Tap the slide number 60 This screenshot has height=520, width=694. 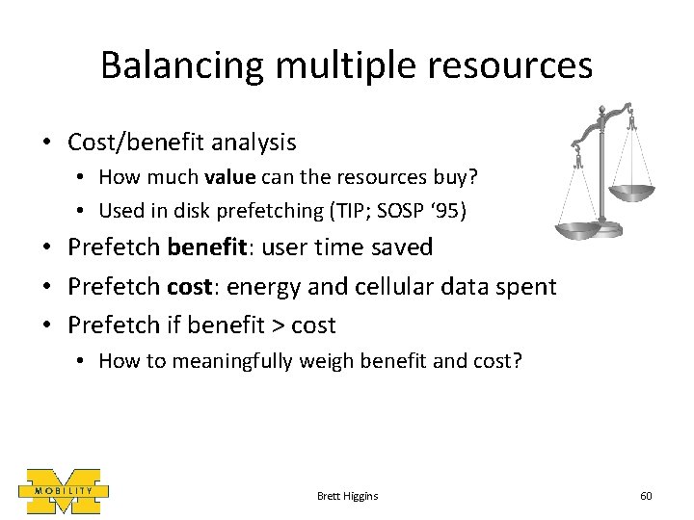click(646, 495)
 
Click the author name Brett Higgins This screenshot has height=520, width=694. click(347, 495)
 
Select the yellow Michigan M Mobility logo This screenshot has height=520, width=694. click(64, 491)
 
